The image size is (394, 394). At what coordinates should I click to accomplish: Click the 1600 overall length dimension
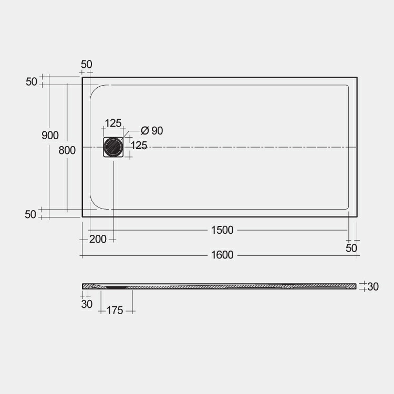tap(222, 255)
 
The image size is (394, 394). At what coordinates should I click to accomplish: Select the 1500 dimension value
tap(222, 230)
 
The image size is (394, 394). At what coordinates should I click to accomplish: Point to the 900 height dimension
tap(50, 135)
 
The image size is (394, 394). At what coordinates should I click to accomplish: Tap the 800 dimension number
tap(67, 150)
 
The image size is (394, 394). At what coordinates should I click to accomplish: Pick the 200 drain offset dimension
tap(98, 239)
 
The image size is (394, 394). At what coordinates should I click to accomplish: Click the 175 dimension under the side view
tap(115, 310)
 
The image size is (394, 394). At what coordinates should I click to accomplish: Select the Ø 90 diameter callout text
tap(152, 130)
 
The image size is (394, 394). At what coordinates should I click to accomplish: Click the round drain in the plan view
tap(113, 147)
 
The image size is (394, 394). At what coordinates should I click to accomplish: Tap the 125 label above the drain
tap(113, 123)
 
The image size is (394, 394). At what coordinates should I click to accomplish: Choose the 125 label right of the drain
tap(139, 146)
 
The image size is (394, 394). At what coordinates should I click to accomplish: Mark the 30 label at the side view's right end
tap(373, 287)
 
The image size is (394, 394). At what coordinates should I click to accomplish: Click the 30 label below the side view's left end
tap(87, 304)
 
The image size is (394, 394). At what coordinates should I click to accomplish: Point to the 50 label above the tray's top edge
tap(87, 64)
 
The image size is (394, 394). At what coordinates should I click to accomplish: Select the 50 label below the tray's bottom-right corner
tap(351, 247)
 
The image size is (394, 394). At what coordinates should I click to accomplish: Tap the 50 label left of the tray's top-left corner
tap(31, 81)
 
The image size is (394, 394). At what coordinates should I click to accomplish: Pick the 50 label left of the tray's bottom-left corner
tap(31, 214)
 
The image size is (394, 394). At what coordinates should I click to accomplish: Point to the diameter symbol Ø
tap(145, 130)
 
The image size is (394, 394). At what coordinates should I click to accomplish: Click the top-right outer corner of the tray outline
tap(357, 78)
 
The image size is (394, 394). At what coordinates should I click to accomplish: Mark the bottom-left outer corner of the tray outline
tap(82, 216)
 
